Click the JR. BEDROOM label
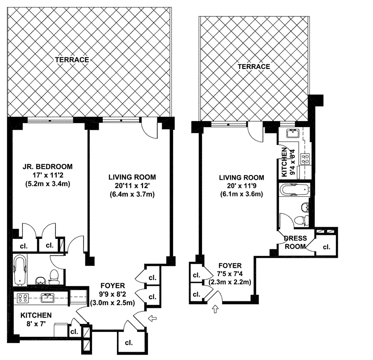click(x=47, y=166)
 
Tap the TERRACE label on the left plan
click(x=72, y=59)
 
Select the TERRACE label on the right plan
click(x=254, y=66)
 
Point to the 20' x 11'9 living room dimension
click(x=241, y=185)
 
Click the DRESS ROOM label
click(x=295, y=242)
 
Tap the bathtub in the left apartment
click(x=20, y=270)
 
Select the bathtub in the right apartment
click(x=295, y=190)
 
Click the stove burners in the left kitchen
click(x=23, y=298)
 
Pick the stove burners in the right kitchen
click(x=306, y=159)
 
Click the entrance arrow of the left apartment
click(x=152, y=318)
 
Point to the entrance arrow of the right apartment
click(x=215, y=309)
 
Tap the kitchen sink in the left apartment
click(x=47, y=298)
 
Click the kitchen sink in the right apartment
click(x=294, y=133)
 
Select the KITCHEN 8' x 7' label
click(x=36, y=319)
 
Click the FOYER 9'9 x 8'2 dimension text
click(x=113, y=294)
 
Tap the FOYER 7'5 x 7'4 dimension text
click(x=230, y=274)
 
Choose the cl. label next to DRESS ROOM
click(x=327, y=247)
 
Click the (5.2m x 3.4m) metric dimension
click(x=47, y=184)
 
